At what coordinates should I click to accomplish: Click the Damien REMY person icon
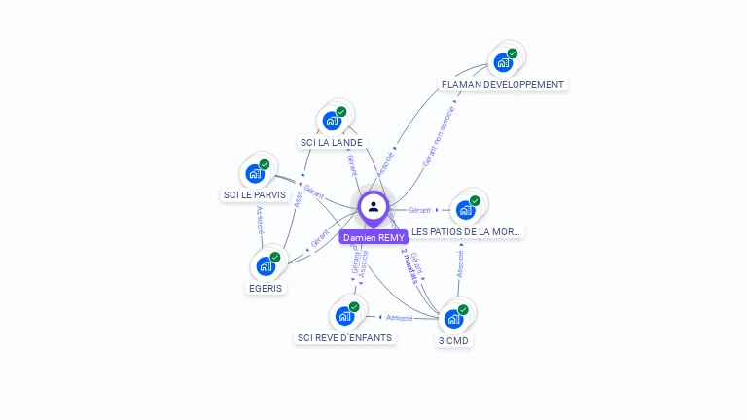[x=373, y=206]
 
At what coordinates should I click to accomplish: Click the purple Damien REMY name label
[x=373, y=237]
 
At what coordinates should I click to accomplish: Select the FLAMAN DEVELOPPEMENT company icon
[x=503, y=63]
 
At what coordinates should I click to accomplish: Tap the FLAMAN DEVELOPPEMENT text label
[x=502, y=85]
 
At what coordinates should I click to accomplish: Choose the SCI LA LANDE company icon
[x=332, y=122]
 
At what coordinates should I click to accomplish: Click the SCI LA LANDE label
[x=332, y=142]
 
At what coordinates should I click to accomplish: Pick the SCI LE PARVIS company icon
[x=255, y=174]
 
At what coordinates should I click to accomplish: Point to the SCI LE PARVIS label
[x=255, y=194]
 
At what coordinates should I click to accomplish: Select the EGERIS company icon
[x=266, y=266]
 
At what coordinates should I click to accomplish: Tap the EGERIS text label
[x=266, y=288]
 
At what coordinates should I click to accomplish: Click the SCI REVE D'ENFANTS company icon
[x=344, y=316]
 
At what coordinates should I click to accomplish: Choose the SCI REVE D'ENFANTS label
[x=344, y=337]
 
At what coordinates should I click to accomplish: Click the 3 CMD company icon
[x=453, y=319]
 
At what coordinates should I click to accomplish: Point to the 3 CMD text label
[x=454, y=340]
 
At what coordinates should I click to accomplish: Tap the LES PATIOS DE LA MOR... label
[x=467, y=232]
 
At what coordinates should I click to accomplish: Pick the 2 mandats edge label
[x=409, y=265]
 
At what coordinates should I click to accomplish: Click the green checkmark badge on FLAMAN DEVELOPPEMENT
[x=513, y=53]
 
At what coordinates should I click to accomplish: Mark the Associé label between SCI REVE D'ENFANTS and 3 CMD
[x=399, y=317]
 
